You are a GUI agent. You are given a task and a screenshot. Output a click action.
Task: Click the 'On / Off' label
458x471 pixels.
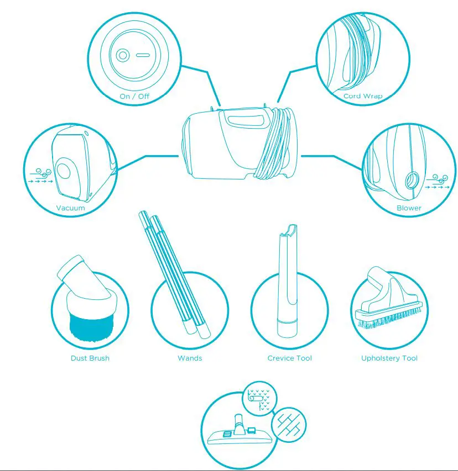pyautogui.click(x=134, y=96)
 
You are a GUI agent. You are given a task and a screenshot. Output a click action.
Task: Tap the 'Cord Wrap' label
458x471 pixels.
pyautogui.click(x=362, y=96)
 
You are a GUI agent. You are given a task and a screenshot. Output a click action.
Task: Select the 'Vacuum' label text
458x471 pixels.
pyautogui.click(x=70, y=208)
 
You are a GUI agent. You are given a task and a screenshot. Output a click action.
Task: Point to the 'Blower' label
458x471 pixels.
pyautogui.click(x=409, y=208)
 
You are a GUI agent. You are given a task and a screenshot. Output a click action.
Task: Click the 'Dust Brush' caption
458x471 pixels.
pyautogui.click(x=90, y=358)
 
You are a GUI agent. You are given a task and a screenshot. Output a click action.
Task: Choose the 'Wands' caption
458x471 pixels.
pyautogui.click(x=190, y=358)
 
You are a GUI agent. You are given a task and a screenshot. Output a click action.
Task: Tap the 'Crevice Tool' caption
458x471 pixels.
pyautogui.click(x=289, y=358)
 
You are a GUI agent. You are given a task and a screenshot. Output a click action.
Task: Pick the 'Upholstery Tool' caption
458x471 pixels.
pyautogui.click(x=389, y=358)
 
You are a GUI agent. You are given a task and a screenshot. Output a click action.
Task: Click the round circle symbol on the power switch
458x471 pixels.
pyautogui.click(x=123, y=56)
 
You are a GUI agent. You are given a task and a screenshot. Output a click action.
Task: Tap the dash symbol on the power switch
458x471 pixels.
pyautogui.click(x=143, y=56)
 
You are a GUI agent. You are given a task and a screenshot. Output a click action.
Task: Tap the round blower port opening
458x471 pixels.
pyautogui.click(x=413, y=179)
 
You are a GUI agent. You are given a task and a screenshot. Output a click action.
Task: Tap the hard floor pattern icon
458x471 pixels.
pyautogui.click(x=289, y=424)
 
